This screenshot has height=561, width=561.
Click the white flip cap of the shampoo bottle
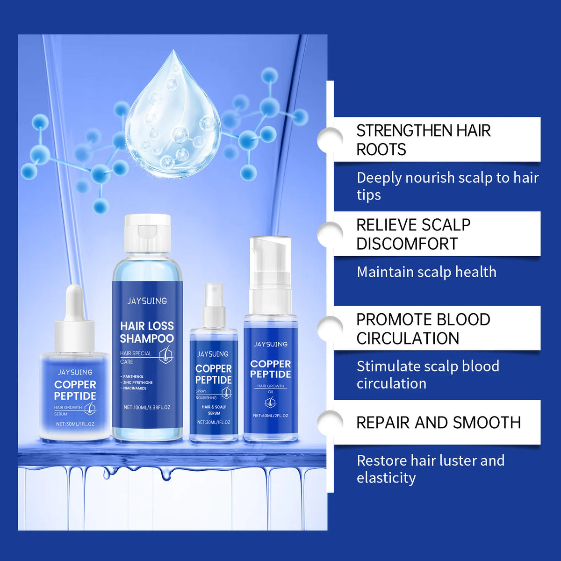click(x=147, y=233)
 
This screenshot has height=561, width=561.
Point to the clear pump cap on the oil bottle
click(x=270, y=262)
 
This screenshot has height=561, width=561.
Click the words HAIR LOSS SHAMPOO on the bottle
click(x=147, y=332)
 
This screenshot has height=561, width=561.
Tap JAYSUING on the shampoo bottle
click(x=147, y=301)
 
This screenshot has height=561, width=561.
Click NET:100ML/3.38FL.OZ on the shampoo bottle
click(x=147, y=407)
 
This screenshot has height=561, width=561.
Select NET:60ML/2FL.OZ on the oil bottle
click(x=271, y=415)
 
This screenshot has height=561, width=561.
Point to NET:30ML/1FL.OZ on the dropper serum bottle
click(x=75, y=424)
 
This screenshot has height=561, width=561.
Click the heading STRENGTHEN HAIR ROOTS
click(x=423, y=140)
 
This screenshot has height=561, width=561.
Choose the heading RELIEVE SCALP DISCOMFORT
click(x=413, y=234)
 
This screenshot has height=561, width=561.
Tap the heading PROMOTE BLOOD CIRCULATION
click(x=423, y=329)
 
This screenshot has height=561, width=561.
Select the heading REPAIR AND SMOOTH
click(x=438, y=423)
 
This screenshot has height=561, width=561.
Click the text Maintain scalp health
click(x=426, y=272)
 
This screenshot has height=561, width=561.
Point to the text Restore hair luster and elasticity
click(x=430, y=469)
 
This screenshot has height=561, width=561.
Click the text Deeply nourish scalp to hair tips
click(x=447, y=186)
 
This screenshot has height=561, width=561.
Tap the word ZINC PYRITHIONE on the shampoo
click(x=138, y=382)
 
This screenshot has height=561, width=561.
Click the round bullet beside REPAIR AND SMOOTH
click(x=331, y=422)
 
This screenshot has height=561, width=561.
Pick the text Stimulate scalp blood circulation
click(x=427, y=374)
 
